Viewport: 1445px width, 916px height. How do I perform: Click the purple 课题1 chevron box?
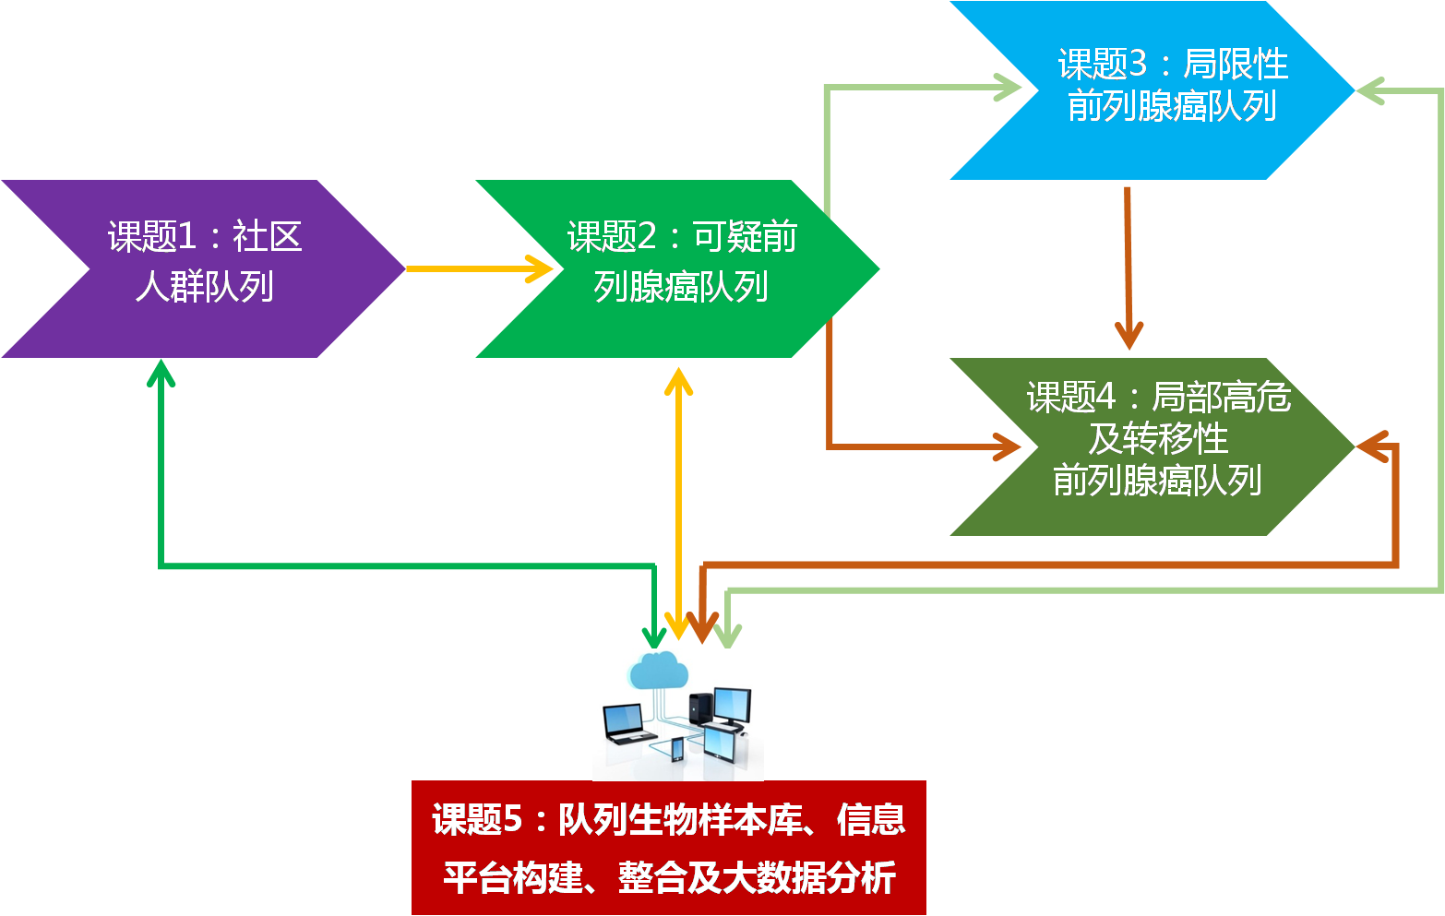point(203,268)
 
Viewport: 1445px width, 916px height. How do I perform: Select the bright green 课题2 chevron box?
point(678,268)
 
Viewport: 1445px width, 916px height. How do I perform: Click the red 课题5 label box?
point(668,848)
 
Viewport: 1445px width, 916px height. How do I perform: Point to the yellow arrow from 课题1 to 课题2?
point(480,268)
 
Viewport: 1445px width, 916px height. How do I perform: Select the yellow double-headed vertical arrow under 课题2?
point(678,503)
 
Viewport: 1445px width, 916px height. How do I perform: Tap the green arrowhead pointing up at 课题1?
point(161,371)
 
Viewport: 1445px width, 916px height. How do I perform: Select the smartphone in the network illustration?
point(676,748)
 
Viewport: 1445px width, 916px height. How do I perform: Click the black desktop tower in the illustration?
point(701,708)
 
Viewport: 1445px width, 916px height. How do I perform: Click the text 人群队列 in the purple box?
point(204,287)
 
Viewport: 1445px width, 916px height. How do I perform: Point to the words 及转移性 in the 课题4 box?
point(1158,439)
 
